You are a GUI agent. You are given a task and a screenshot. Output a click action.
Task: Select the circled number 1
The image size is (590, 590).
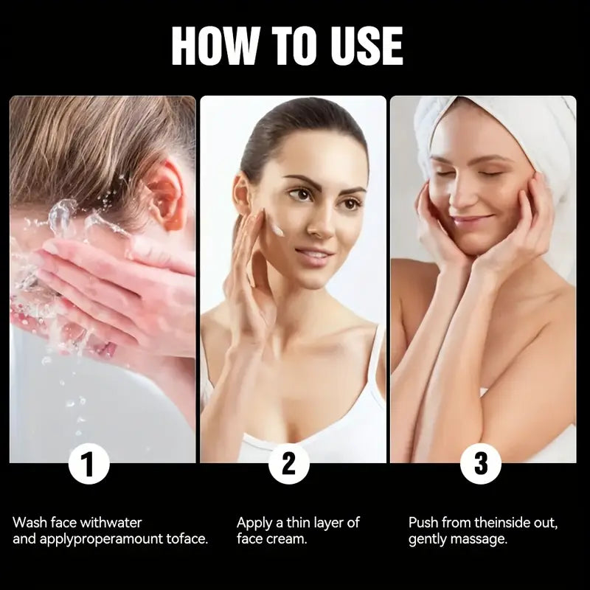pos(89,463)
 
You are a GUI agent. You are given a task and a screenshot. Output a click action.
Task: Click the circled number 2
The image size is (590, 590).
pos(289,463)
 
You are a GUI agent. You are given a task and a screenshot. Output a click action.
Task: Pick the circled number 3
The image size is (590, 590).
pos(481,463)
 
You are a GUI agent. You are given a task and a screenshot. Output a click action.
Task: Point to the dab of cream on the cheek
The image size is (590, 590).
pos(277,229)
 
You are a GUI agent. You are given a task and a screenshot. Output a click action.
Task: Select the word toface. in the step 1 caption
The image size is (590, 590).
pos(187,539)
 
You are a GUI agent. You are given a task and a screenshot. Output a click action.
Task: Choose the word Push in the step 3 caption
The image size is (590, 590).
pos(423,523)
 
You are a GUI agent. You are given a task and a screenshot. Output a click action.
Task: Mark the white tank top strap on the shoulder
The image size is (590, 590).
pos(376,358)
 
